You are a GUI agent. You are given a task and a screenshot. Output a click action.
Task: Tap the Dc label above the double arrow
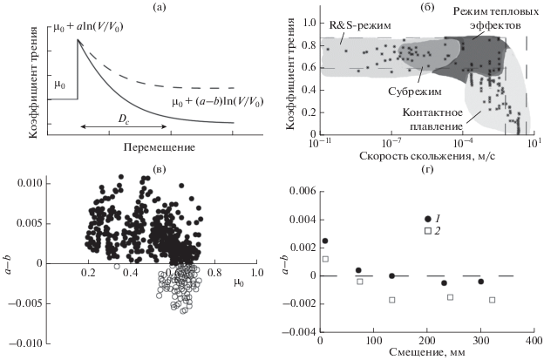115,116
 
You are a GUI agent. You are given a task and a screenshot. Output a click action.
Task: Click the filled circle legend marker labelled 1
427,218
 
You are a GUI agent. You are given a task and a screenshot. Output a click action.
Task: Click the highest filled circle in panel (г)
325,241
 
